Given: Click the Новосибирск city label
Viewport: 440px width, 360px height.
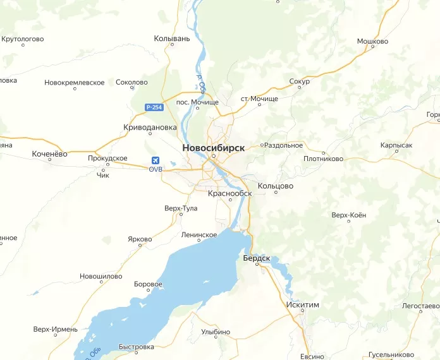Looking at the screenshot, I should [214, 147].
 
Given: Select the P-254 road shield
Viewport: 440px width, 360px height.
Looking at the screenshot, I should [154, 108].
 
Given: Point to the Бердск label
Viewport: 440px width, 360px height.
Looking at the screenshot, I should [257, 258].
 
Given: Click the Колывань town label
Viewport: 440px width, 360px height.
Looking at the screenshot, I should [172, 39].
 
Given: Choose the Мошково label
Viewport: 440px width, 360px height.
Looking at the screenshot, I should [372, 42].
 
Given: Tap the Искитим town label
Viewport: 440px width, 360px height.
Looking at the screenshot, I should [303, 304].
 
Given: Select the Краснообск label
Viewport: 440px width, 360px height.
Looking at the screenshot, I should [230, 193].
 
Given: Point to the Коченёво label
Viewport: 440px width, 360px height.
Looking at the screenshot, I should [49, 153].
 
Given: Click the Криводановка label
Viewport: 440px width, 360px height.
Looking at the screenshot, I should [150, 127].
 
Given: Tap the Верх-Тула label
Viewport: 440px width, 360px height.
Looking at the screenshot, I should [181, 208].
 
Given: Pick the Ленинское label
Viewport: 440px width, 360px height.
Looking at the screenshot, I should [199, 234].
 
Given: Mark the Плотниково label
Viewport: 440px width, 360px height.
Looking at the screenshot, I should [324, 159].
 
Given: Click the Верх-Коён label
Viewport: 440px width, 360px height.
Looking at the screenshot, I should [348, 215].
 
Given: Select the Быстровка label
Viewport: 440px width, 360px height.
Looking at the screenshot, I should [136, 347].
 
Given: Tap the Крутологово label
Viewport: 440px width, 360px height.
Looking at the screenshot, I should [23, 39].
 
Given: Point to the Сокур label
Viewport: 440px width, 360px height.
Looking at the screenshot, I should [299, 82].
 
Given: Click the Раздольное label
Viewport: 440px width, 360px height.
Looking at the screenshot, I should [284, 145].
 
